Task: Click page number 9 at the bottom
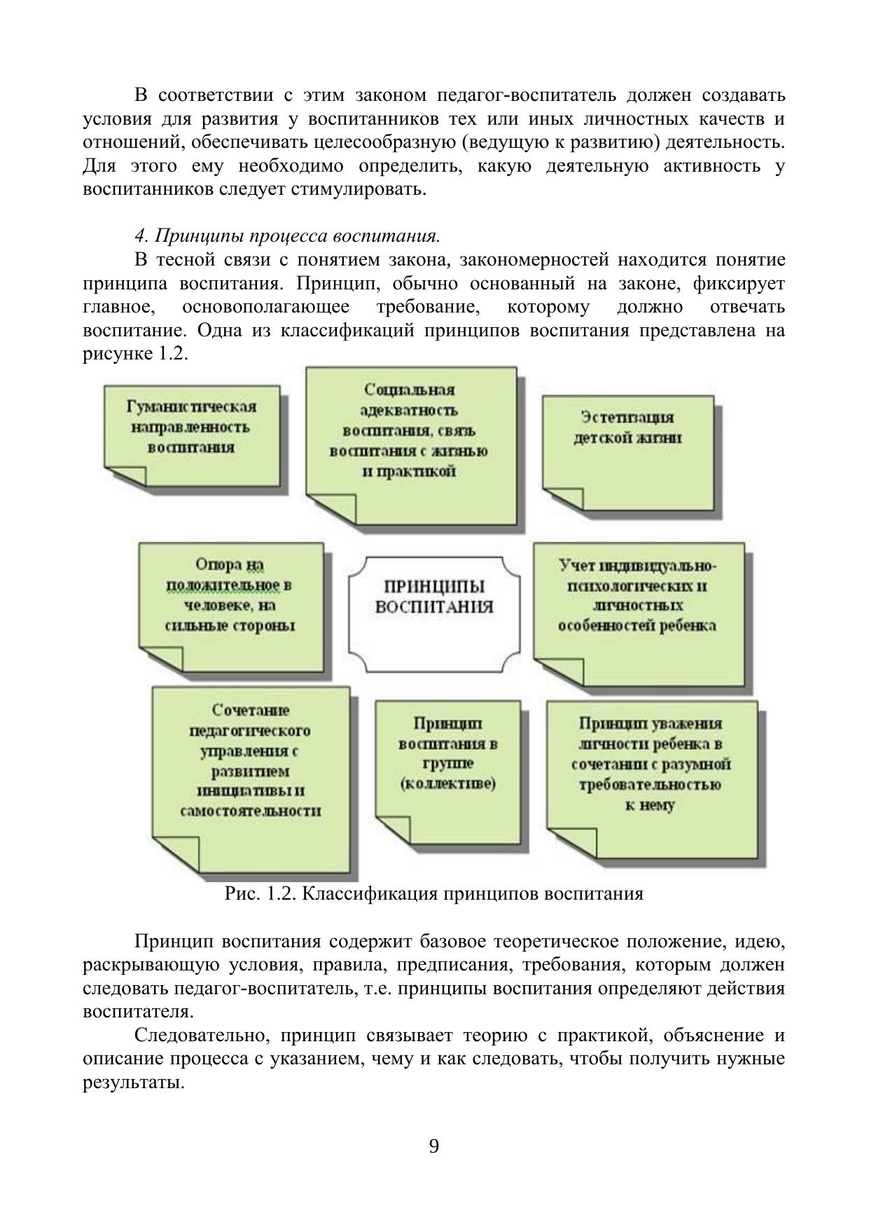pyautogui.click(x=434, y=1146)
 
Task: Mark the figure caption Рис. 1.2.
pyautogui.click(x=433, y=894)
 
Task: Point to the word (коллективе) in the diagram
pyautogui.click(x=447, y=783)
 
